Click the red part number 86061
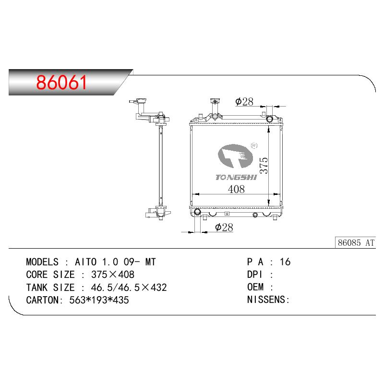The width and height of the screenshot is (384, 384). click(x=61, y=82)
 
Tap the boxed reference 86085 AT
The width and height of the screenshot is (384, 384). click(x=356, y=243)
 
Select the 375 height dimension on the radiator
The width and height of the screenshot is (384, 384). click(x=264, y=166)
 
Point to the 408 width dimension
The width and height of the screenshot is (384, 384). click(x=236, y=189)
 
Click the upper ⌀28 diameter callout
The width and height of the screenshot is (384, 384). click(x=244, y=102)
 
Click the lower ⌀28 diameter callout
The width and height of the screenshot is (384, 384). click(x=224, y=227)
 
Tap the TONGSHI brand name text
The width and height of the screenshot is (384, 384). click(x=236, y=177)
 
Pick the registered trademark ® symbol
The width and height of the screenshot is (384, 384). click(x=254, y=145)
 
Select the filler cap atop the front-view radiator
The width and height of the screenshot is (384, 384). click(x=215, y=101)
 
